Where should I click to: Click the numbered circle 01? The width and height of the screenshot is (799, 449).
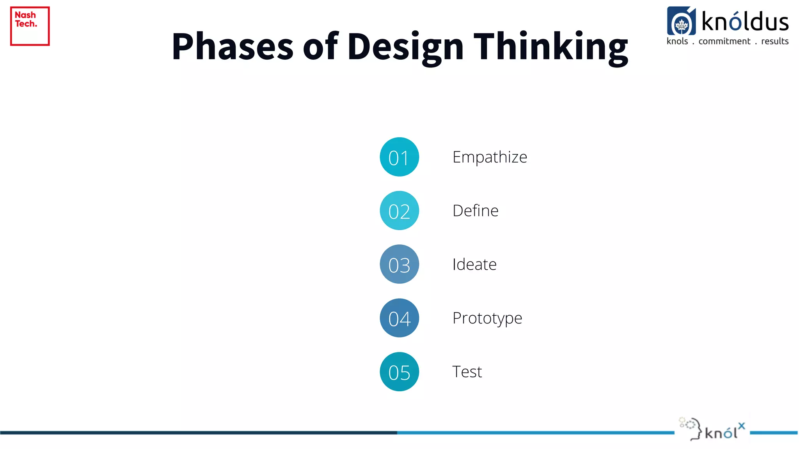click(399, 157)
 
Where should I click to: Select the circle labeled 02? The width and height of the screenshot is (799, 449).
click(399, 210)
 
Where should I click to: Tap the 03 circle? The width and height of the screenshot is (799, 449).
click(399, 264)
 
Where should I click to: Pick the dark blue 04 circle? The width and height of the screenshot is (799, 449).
click(399, 318)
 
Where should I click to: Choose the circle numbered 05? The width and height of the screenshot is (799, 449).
click(399, 372)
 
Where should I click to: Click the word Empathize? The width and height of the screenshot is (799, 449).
click(490, 157)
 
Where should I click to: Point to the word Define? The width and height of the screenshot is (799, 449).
click(475, 211)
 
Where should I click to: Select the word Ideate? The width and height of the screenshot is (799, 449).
click(474, 265)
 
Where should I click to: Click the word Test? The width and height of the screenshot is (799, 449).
click(467, 372)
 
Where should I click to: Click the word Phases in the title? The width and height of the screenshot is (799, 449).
click(233, 46)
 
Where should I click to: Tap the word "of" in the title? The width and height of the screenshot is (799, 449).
click(320, 46)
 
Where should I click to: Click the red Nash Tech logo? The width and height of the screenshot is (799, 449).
click(30, 26)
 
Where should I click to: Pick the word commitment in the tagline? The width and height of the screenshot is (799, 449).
click(724, 41)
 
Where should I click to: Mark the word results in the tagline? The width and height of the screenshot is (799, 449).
click(775, 41)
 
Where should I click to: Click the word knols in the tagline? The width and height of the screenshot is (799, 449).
click(677, 41)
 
